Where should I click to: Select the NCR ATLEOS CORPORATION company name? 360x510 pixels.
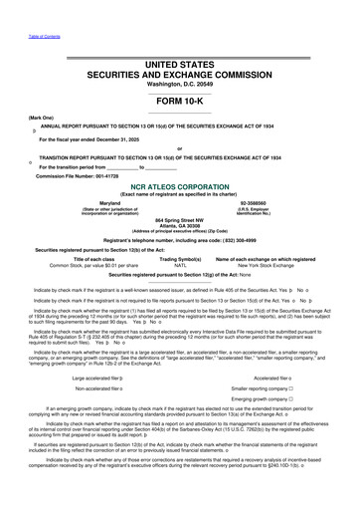pos(179,185)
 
